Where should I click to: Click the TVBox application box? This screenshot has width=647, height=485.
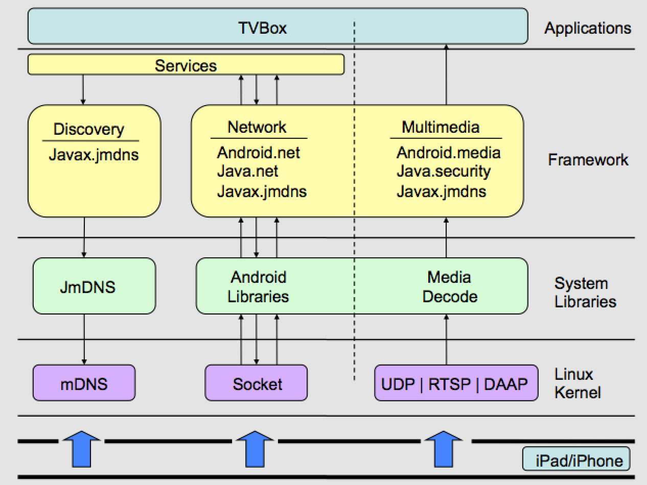[278, 26]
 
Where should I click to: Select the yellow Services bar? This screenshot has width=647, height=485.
[186, 64]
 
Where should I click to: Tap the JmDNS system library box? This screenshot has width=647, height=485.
[95, 286]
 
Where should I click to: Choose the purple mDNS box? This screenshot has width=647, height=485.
[84, 383]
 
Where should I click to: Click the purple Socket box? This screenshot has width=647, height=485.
[256, 383]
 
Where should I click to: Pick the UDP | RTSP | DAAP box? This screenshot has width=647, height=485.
[456, 383]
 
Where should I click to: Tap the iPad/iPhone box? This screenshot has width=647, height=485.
[576, 459]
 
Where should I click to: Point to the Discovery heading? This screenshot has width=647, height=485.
[89, 129]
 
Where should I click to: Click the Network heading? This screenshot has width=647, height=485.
[257, 127]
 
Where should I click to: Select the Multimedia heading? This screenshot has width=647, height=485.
[441, 127]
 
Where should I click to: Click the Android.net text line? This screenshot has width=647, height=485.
[258, 153]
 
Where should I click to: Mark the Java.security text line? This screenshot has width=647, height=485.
[444, 172]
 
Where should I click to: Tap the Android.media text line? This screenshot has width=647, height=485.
[448, 153]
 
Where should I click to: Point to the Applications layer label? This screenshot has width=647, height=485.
[588, 29]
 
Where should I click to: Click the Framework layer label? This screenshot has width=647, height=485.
[588, 160]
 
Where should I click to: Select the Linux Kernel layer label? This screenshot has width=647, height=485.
[577, 383]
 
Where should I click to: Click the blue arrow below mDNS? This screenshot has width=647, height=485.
[82, 449]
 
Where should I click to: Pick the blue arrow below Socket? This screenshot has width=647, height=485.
[255, 449]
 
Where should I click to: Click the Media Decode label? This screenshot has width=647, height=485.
[450, 286]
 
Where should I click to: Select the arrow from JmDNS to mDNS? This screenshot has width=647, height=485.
[84, 339]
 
